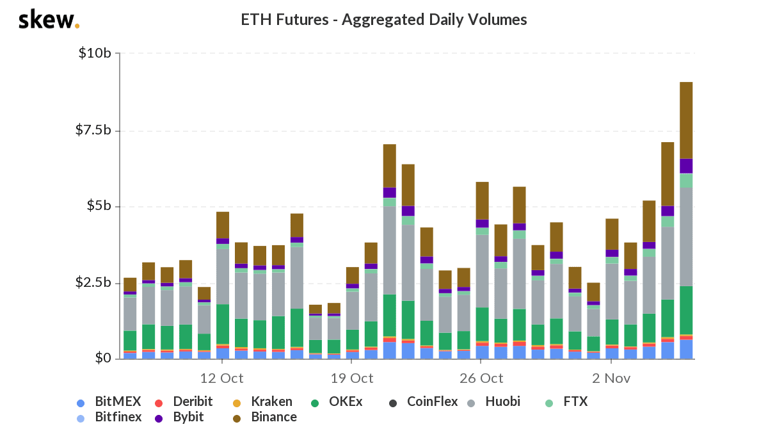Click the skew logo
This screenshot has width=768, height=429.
tap(49, 20)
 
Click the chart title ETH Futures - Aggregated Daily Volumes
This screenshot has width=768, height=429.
tap(383, 20)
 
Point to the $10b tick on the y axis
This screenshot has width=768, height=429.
tap(95, 53)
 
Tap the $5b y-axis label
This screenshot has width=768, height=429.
tap(98, 206)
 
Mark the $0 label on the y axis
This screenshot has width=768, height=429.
tap(102, 359)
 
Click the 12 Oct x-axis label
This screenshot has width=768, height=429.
tap(221, 378)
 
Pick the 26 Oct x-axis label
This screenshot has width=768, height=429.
tap(481, 378)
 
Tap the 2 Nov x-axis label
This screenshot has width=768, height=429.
tap(612, 378)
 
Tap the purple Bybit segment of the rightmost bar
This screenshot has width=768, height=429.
tap(686, 166)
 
